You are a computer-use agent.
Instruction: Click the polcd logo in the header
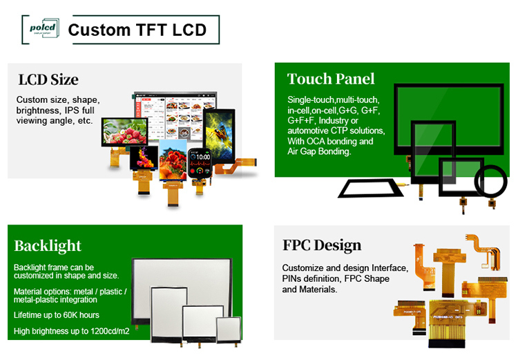point(44,28)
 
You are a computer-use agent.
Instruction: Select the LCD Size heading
point(48,79)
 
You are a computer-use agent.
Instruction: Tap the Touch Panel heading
point(331,78)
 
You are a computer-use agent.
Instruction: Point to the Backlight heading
point(48,246)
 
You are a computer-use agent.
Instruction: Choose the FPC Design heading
point(322,245)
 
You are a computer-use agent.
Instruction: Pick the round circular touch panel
point(492,181)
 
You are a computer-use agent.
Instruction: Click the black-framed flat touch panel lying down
point(369,188)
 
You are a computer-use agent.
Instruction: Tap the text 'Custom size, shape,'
point(58,100)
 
